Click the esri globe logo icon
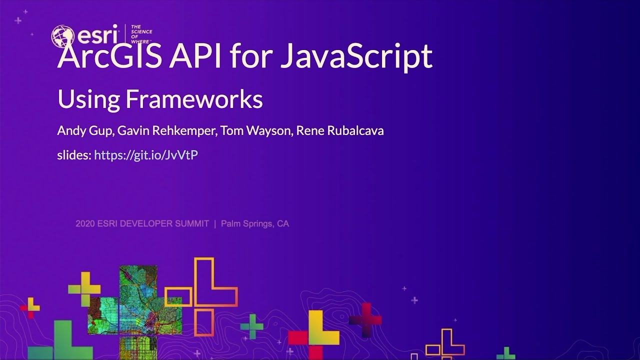[x=62, y=36]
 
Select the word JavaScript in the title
[x=356, y=56]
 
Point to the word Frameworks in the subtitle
[x=194, y=99]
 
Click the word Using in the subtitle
[x=88, y=99]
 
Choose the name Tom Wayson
[x=252, y=131]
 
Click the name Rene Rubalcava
[x=340, y=131]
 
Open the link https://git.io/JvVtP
[x=146, y=155]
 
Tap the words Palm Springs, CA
[x=255, y=224]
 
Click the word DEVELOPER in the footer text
[x=145, y=224]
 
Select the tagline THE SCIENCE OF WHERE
[x=141, y=33]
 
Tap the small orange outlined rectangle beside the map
[x=178, y=296]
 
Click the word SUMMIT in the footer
[x=192, y=224]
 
